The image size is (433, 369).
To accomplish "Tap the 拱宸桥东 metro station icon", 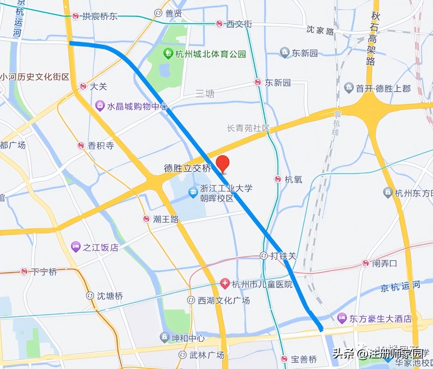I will coord(76,16).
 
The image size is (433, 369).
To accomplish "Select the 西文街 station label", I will coord(239,24).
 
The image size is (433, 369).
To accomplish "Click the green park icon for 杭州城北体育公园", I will coord(168,53).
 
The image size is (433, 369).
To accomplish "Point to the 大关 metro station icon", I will coord(83,87).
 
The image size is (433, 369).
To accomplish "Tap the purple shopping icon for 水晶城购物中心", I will coord(100,106).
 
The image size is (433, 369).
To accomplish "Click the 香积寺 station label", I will coord(101,146).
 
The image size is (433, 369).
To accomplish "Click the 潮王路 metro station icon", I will coord(146,219).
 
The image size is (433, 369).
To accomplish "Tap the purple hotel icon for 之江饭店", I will coord(76,247).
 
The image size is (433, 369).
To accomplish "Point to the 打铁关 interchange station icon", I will coord(264,256).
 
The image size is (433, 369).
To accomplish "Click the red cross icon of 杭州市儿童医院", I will coord(225,284).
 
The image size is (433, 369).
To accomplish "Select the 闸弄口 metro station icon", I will coord(365,263).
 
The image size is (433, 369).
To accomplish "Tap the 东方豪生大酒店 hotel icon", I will coord(342,318).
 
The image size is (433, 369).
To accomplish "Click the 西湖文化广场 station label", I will coord(224,300).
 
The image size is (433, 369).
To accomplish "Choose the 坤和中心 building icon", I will coord(164,337).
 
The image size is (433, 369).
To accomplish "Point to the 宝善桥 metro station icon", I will coord(284,359).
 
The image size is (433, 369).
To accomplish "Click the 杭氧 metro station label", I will coord(293,179).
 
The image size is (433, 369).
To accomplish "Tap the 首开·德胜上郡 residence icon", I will coord(349,88).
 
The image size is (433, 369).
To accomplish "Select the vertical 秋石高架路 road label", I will coord(372,39).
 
